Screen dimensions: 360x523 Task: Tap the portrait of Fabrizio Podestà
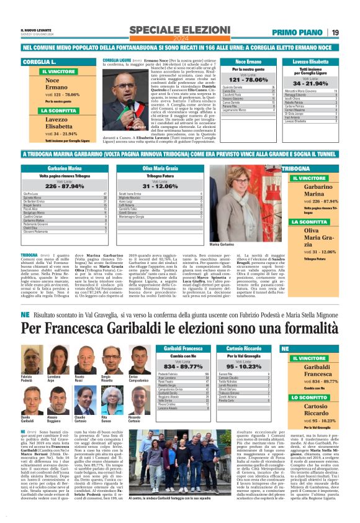pos(27,362)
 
